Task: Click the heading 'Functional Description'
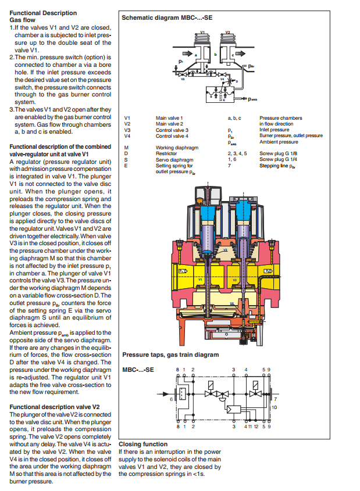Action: (x=44, y=13)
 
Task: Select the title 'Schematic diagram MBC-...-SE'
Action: (x=167, y=18)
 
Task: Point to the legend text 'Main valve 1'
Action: (x=169, y=118)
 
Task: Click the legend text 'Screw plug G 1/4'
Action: (x=279, y=159)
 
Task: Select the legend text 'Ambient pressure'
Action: (x=279, y=142)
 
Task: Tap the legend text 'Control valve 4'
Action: (x=172, y=136)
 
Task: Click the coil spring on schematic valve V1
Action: (x=202, y=40)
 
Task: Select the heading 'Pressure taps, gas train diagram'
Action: (x=170, y=354)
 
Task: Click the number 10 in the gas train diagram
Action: (x=275, y=407)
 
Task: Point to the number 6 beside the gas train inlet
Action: (x=172, y=399)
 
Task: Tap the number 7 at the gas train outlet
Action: (x=275, y=399)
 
